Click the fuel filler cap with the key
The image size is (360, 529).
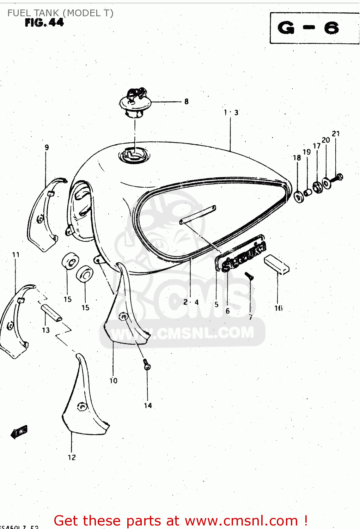(x=135, y=103)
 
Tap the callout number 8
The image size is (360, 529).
(x=186, y=102)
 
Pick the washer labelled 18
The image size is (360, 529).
(x=299, y=196)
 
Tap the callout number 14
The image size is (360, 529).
(x=148, y=406)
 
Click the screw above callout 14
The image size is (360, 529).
(x=147, y=364)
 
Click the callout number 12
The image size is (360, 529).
(x=72, y=457)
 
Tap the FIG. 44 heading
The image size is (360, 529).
(x=44, y=23)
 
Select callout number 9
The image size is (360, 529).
(x=47, y=147)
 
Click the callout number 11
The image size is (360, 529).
(x=16, y=255)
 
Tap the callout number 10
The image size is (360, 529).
(x=113, y=381)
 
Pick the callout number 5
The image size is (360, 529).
(x=216, y=304)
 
